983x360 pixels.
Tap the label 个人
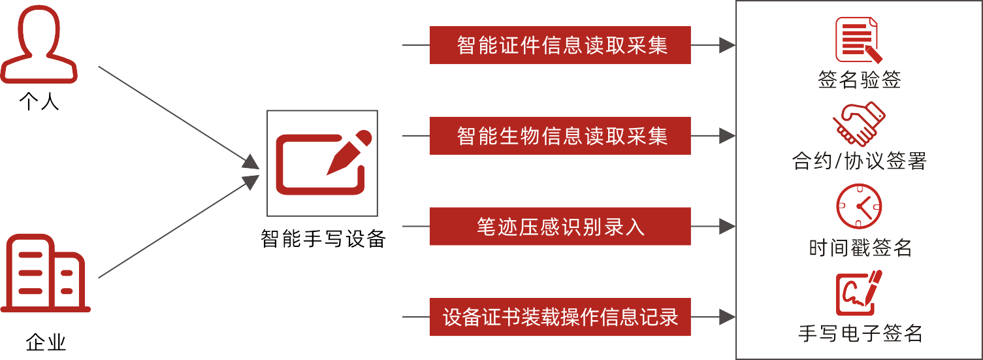pos(39,102)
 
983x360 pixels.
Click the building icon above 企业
pos(46,274)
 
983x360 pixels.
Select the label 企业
pos(46,342)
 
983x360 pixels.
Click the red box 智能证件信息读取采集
pos(560,45)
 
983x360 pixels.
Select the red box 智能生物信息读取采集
pos(560,136)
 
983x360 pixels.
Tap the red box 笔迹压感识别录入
pos(560,226)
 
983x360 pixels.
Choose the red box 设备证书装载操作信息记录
pos(560,317)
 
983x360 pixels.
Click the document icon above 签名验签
pos(858,41)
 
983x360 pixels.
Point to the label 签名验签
pos(859,80)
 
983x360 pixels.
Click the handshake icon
pos(858,123)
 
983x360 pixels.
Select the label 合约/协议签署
pos(859,161)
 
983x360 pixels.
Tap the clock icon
pos(859,206)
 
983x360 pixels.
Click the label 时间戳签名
pos(860,248)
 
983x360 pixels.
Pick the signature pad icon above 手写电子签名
pos(858,293)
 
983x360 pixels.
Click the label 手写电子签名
pos(860,333)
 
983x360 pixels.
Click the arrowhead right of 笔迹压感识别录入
pos(727,226)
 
